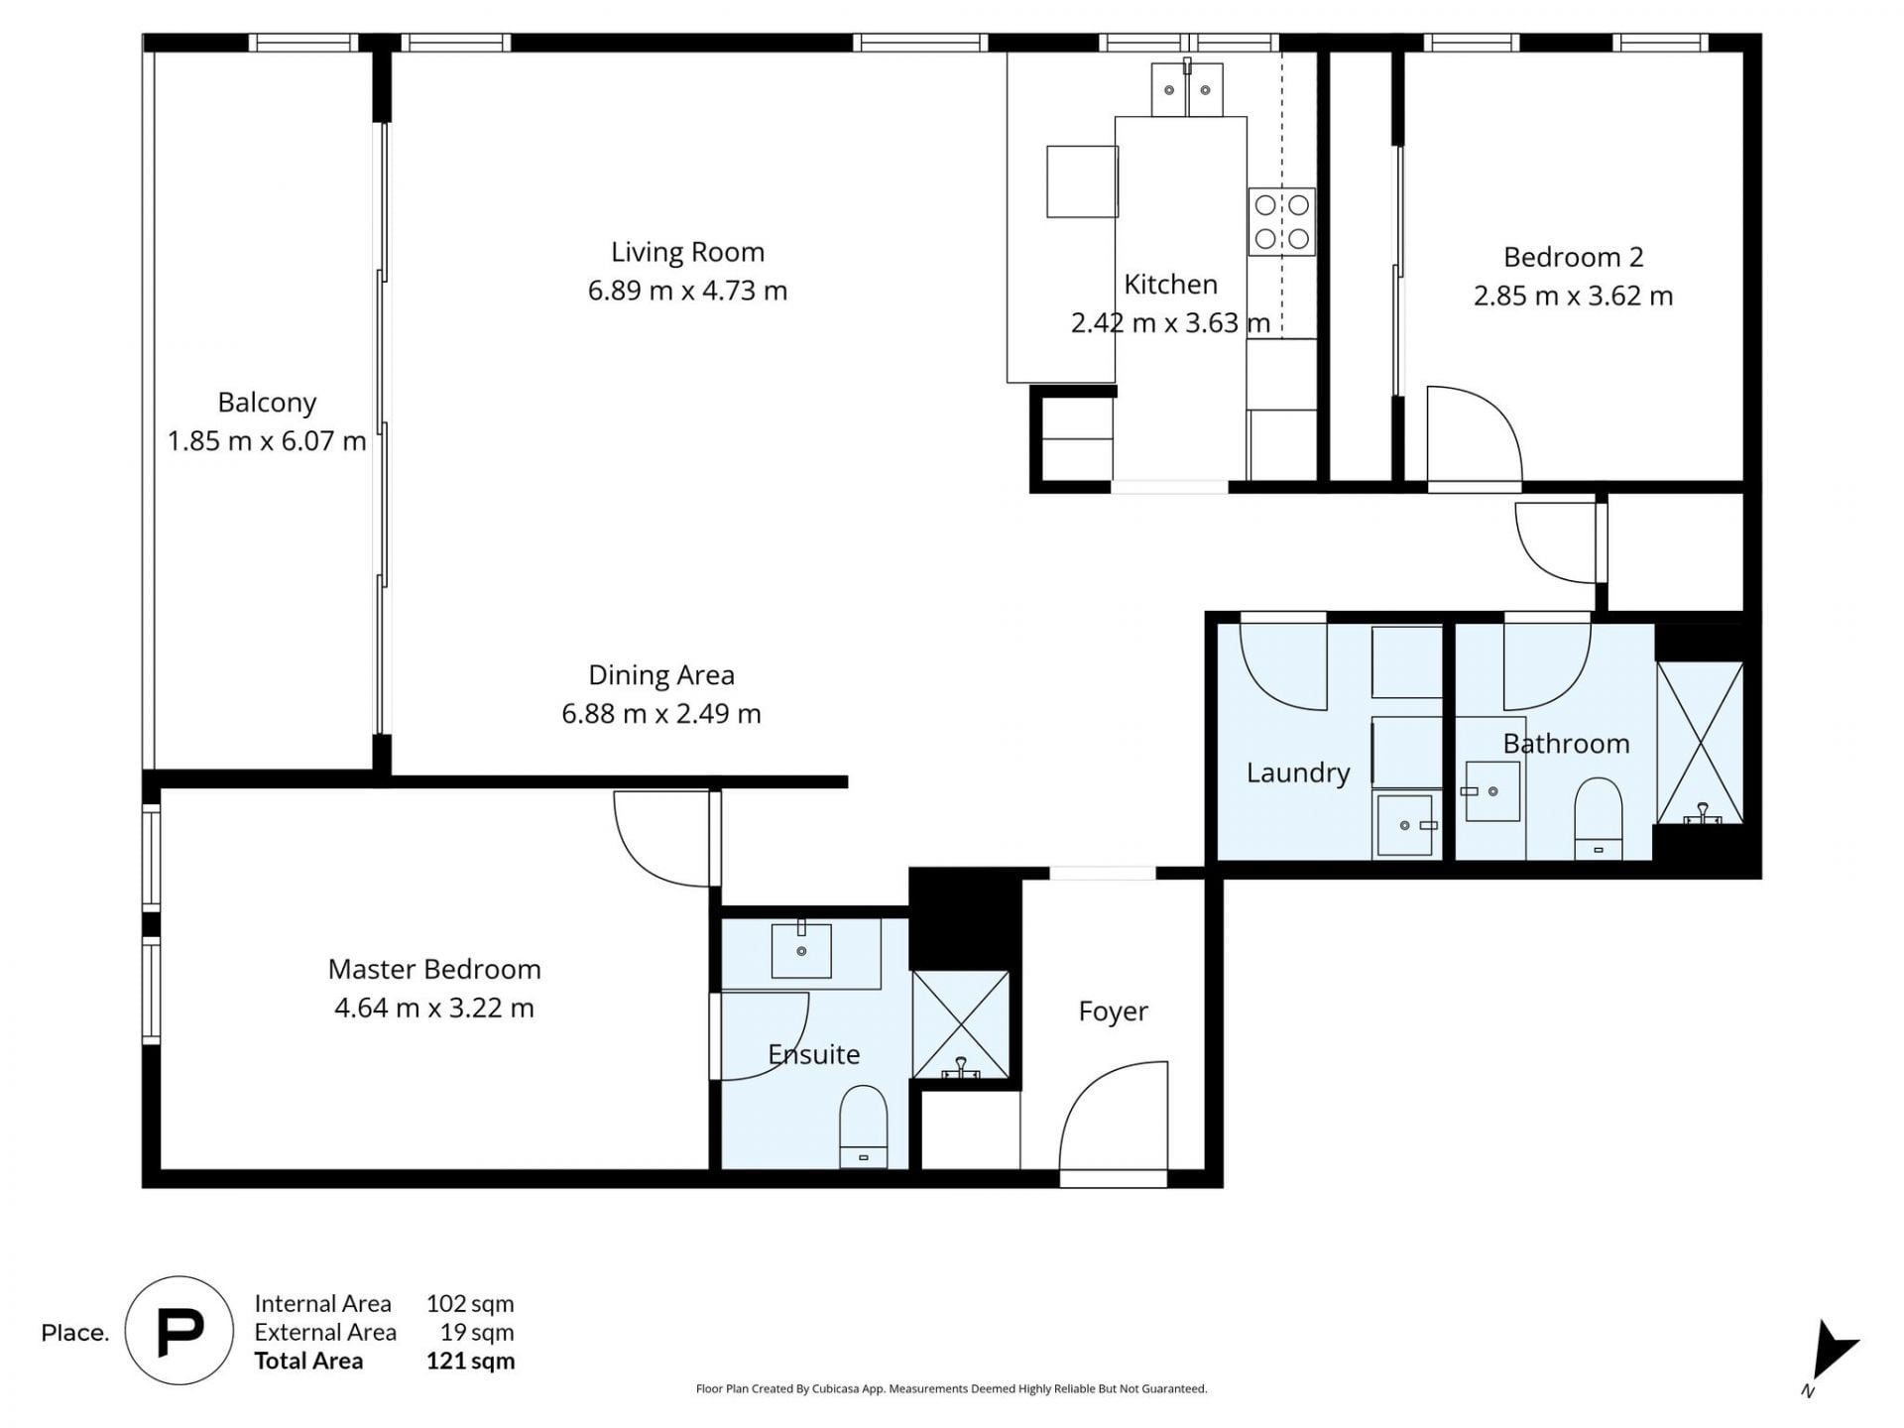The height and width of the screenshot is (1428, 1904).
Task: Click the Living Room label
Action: pos(687,252)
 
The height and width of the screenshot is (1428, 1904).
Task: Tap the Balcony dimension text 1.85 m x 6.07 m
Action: pos(267,440)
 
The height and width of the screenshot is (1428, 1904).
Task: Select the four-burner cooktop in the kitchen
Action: pos(1281,221)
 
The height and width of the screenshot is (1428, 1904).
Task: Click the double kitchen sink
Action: pos(1187,89)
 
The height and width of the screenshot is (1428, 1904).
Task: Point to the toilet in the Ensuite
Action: pos(863,1127)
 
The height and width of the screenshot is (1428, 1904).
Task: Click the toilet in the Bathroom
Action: pos(1598,818)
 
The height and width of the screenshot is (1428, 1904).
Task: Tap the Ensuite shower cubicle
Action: pos(960,1024)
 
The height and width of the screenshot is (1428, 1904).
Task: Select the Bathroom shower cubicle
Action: pos(1700,742)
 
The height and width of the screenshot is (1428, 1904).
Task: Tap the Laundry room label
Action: pos(1298,773)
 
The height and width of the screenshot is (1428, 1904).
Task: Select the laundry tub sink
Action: pos(1405,824)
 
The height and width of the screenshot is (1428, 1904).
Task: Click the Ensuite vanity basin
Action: pos(801,949)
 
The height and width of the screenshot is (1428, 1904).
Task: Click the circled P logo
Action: pos(179,1331)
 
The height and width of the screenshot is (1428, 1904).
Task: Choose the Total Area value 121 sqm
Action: pos(470,1361)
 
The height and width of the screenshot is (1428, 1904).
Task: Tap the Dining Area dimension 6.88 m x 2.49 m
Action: pos(661,713)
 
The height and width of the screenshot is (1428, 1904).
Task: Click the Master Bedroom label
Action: pos(434,969)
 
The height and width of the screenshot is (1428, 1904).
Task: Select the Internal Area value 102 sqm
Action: pos(470,1303)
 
